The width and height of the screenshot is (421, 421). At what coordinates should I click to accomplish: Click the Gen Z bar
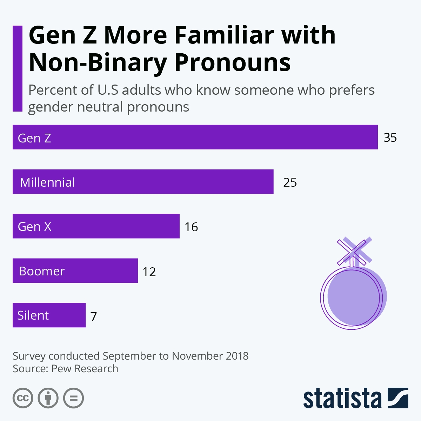[x=195, y=137]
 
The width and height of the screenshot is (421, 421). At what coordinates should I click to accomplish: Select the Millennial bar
[x=143, y=182]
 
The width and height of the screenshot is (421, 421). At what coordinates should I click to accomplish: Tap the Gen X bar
[x=96, y=226]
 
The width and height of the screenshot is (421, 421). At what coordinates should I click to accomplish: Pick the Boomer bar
[x=75, y=271]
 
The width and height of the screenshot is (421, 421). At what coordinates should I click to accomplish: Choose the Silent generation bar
[x=49, y=315]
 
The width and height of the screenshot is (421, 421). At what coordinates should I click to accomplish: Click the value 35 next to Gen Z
[x=390, y=138]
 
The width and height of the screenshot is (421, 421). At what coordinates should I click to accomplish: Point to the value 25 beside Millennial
[x=290, y=182]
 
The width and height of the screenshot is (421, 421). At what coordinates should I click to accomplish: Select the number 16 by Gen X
[x=191, y=227]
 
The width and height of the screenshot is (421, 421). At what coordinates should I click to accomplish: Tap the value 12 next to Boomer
[x=149, y=272]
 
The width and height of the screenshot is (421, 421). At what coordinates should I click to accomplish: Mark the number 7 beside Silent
[x=93, y=316]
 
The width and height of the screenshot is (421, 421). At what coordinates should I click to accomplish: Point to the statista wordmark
[x=342, y=399]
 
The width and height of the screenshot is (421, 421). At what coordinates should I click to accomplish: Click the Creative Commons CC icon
[x=23, y=398]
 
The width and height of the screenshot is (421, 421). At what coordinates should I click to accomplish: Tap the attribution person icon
[x=48, y=398]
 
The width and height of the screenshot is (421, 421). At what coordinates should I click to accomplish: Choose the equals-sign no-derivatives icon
[x=73, y=398]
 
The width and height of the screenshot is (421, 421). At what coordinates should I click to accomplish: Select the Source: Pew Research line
[x=65, y=369]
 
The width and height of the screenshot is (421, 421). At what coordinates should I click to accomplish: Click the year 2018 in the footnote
[x=237, y=356]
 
